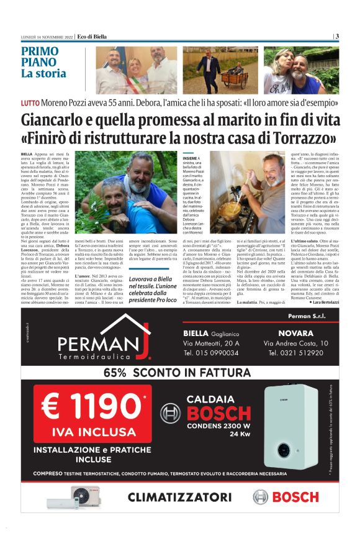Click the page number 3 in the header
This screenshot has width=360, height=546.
(x=336, y=36)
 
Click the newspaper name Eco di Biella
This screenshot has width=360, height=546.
(x=91, y=37)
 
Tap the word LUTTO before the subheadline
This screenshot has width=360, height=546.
(x=30, y=101)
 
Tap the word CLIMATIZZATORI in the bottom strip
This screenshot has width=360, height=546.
(x=179, y=497)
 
